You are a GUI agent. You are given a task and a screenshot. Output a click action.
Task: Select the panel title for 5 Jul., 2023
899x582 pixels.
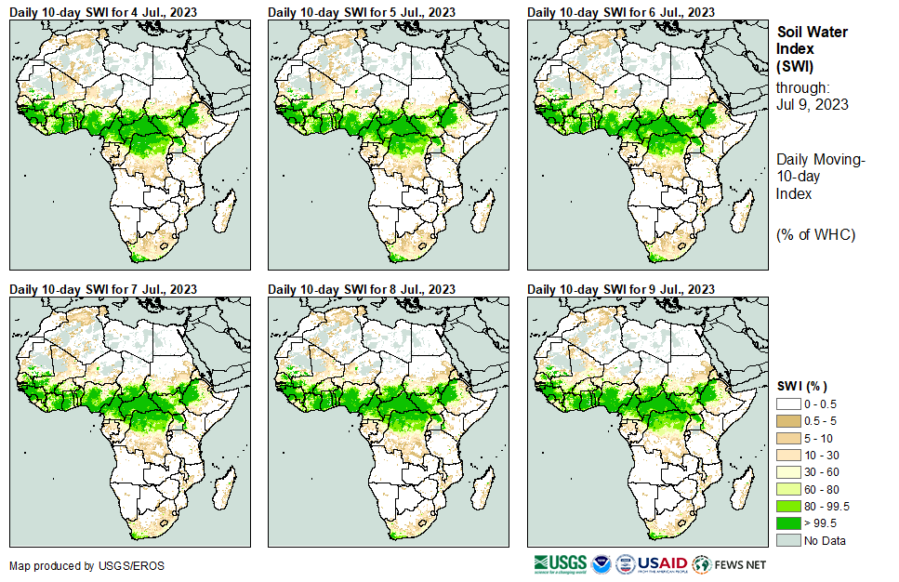tap(362, 12)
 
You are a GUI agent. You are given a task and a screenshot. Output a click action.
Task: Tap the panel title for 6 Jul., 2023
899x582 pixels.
tap(621, 12)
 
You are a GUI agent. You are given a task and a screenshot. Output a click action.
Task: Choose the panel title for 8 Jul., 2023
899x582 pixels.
tap(362, 289)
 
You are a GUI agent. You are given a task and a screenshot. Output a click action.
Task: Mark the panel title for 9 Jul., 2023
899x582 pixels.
tap(621, 289)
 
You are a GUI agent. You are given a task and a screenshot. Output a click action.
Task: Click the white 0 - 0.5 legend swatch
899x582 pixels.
tap(788, 403)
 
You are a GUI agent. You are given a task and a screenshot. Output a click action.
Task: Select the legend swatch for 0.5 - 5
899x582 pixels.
tap(788, 420)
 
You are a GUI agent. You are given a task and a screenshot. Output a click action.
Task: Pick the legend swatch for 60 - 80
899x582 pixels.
tap(788, 489)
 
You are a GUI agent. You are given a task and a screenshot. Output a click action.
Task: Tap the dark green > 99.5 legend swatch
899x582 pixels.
tap(788, 523)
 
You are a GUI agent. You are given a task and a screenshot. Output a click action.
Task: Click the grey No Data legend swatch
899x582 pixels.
tap(788, 540)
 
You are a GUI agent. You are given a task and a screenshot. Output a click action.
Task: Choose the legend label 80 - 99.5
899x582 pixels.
tap(826, 506)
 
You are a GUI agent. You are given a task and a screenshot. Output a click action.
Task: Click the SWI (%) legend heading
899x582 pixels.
tap(802, 386)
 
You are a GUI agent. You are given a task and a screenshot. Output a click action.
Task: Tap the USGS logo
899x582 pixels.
tap(561, 564)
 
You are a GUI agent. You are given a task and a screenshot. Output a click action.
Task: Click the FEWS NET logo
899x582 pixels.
tap(730, 564)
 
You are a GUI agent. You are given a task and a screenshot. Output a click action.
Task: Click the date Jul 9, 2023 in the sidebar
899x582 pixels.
tap(813, 104)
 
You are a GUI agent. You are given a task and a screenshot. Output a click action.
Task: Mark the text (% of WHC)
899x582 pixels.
tap(815, 234)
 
